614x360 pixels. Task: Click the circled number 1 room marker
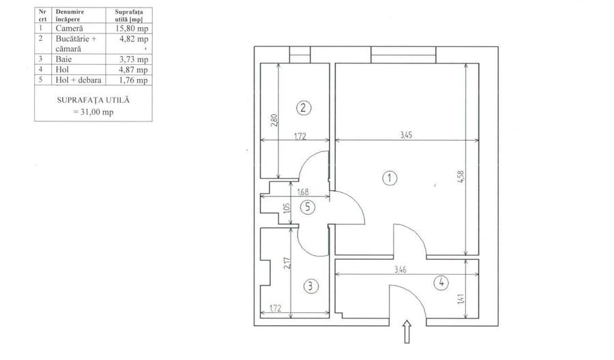[x=390, y=179]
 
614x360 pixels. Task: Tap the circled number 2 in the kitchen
[x=304, y=108]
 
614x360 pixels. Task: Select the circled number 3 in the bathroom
[x=311, y=286]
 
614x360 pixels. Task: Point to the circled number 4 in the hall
[x=441, y=282]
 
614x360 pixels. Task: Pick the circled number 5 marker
[x=308, y=207]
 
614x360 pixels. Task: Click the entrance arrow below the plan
[x=407, y=332]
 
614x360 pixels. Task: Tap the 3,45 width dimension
[x=406, y=136]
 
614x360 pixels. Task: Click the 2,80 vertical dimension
[x=274, y=120]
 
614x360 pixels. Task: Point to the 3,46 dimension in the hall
[x=400, y=269]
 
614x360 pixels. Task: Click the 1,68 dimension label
[x=303, y=192]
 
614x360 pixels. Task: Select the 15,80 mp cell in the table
[x=132, y=29]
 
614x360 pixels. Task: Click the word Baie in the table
[x=63, y=59]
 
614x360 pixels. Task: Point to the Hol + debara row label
[x=78, y=80]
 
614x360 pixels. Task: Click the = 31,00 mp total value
[x=93, y=112]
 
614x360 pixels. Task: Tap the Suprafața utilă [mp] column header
[x=129, y=16]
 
